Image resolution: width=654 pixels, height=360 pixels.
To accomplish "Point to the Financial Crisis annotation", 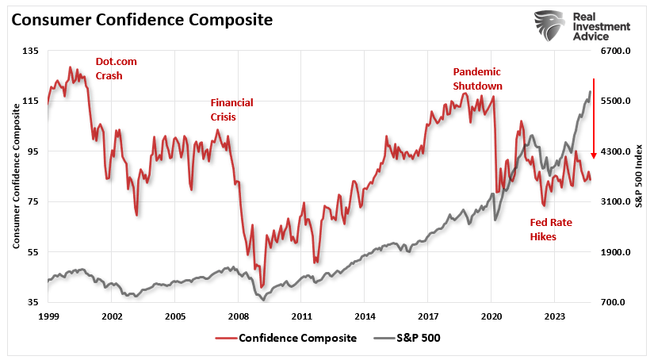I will click(x=231, y=109).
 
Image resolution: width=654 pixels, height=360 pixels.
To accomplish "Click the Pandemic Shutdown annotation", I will click(x=477, y=79).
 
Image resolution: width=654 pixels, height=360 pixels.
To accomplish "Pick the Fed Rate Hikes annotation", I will click(x=551, y=229).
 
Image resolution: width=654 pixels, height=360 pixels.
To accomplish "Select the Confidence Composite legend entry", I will click(x=286, y=338).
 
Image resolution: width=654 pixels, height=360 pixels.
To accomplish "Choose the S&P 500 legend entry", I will click(x=407, y=338).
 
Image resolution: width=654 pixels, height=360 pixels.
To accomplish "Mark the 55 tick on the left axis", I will click(x=32, y=252).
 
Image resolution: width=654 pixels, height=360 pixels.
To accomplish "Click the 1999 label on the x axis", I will click(x=48, y=315).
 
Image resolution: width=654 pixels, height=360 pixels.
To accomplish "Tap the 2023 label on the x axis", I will click(x=554, y=315).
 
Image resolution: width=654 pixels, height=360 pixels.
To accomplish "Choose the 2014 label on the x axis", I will click(x=364, y=315).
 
